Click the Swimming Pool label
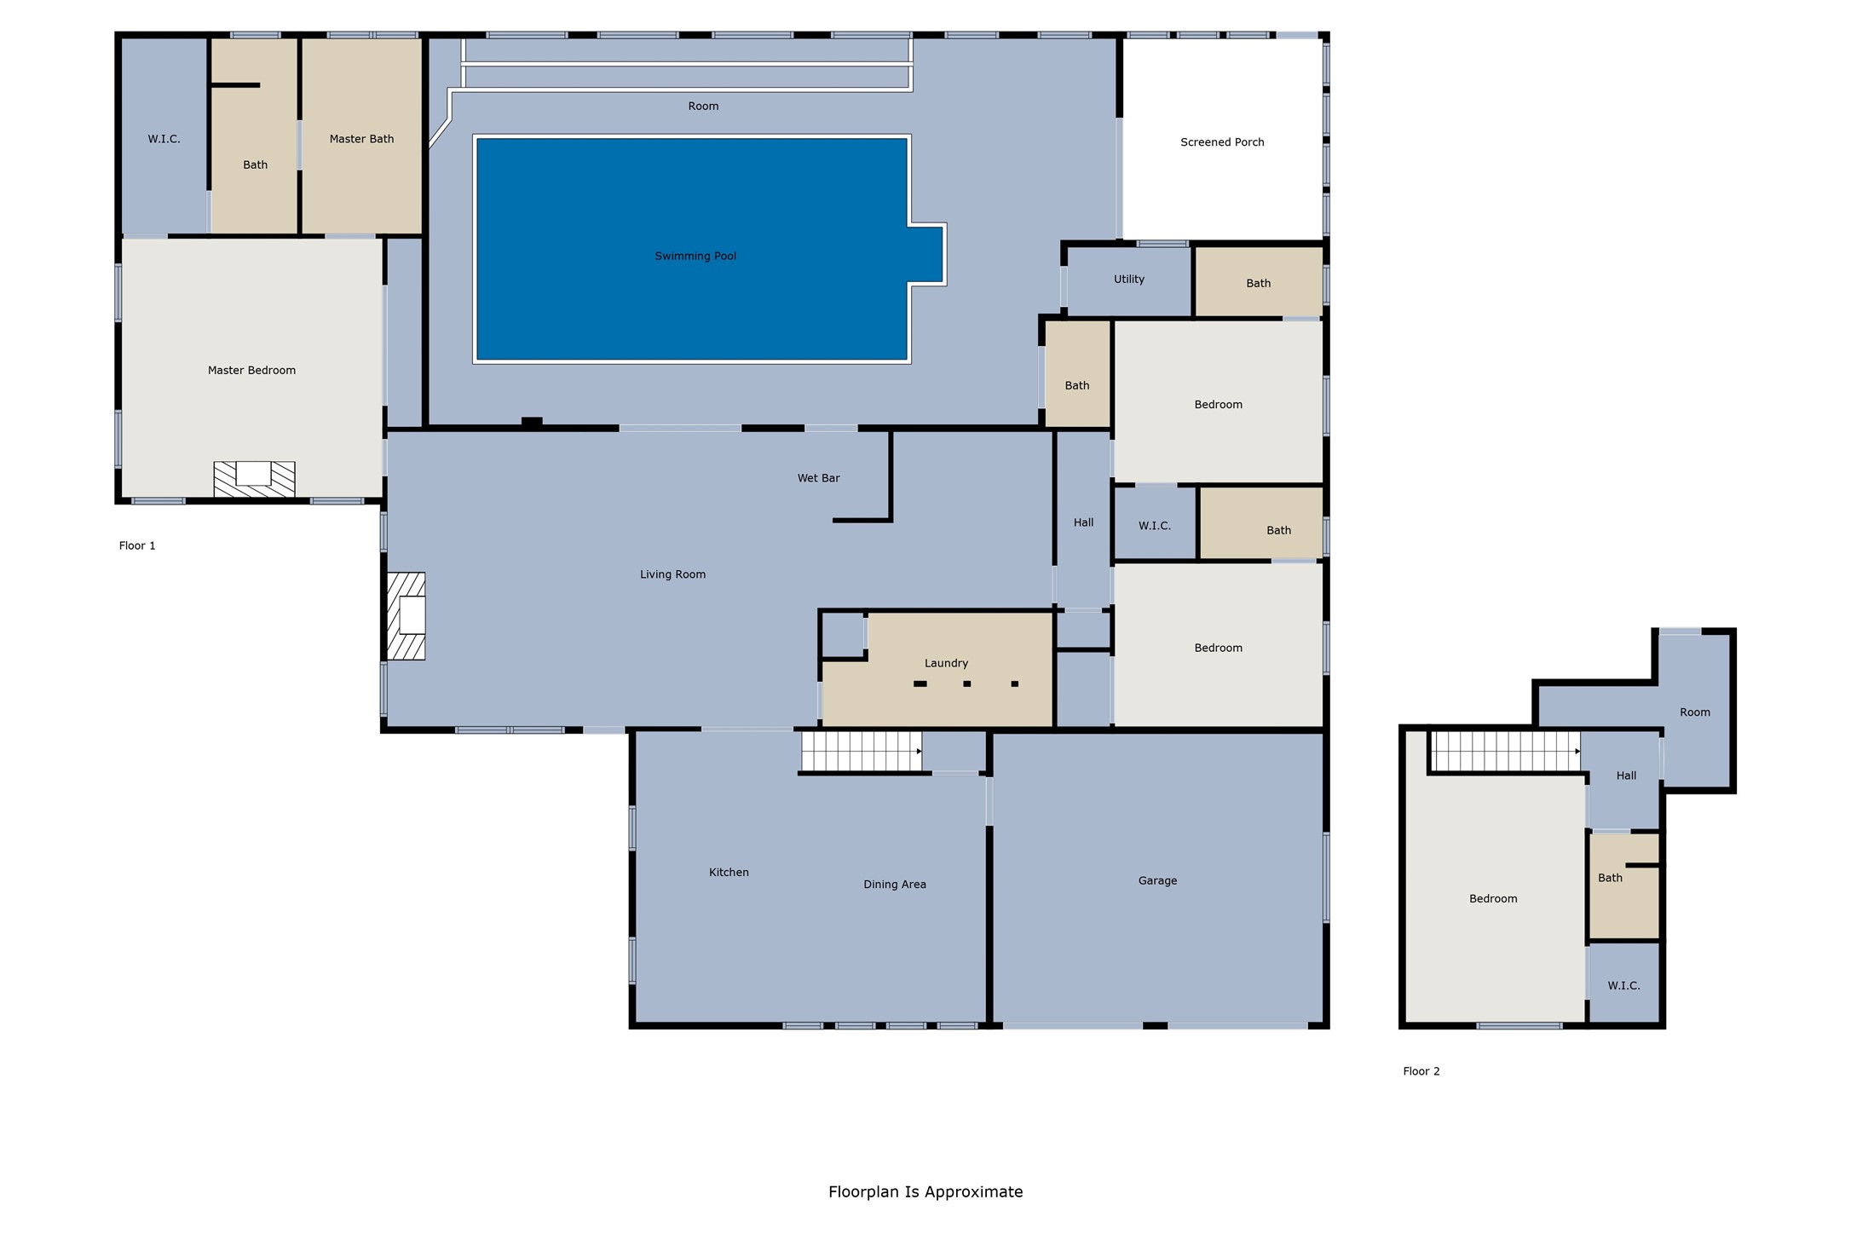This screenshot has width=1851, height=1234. [x=695, y=256]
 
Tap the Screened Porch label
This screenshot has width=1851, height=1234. [x=1222, y=142]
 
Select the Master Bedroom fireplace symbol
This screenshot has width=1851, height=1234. [x=254, y=479]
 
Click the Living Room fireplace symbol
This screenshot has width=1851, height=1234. [x=407, y=615]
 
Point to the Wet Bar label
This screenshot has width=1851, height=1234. [x=818, y=478]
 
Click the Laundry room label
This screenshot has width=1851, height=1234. [x=946, y=663]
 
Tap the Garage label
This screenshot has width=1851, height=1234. [x=1157, y=880]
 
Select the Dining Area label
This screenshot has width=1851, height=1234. [x=894, y=885]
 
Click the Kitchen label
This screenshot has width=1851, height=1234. [x=729, y=872]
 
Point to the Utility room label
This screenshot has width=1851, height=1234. [x=1128, y=280]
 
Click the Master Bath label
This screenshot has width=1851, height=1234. [x=361, y=139]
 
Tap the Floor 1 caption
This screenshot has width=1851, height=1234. [x=137, y=545]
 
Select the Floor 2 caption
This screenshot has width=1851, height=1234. [x=1421, y=1071]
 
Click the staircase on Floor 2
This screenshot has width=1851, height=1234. [x=1506, y=752]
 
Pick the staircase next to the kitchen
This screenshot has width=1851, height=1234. [x=862, y=752]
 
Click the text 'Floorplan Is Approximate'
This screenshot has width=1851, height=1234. [x=925, y=1191]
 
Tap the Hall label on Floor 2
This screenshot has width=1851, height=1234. [x=1626, y=776]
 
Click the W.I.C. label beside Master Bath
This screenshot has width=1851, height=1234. [x=164, y=139]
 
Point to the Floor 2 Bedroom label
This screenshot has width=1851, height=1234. [x=1493, y=898]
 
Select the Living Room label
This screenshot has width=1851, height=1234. [x=672, y=574]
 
